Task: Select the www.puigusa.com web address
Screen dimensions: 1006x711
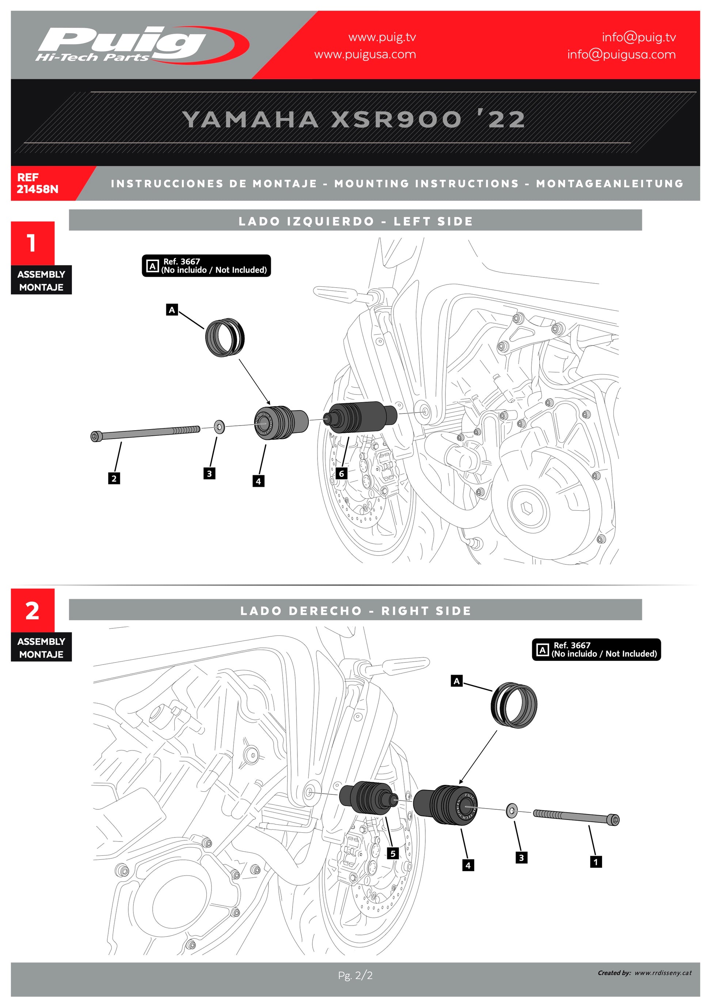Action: (365, 55)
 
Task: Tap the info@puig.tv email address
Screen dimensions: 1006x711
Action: (638, 37)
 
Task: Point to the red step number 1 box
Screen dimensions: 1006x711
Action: (33, 243)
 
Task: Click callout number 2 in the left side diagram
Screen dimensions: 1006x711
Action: (114, 478)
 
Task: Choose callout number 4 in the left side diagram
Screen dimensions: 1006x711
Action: (258, 481)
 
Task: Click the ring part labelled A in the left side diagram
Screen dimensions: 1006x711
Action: (225, 338)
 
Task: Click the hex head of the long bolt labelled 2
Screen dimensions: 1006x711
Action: (95, 436)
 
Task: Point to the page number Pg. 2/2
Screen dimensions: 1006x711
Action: (355, 975)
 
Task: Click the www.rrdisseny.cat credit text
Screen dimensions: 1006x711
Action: (663, 973)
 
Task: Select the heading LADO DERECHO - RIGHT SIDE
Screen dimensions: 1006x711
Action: (355, 610)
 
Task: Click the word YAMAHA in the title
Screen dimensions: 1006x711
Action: (250, 120)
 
